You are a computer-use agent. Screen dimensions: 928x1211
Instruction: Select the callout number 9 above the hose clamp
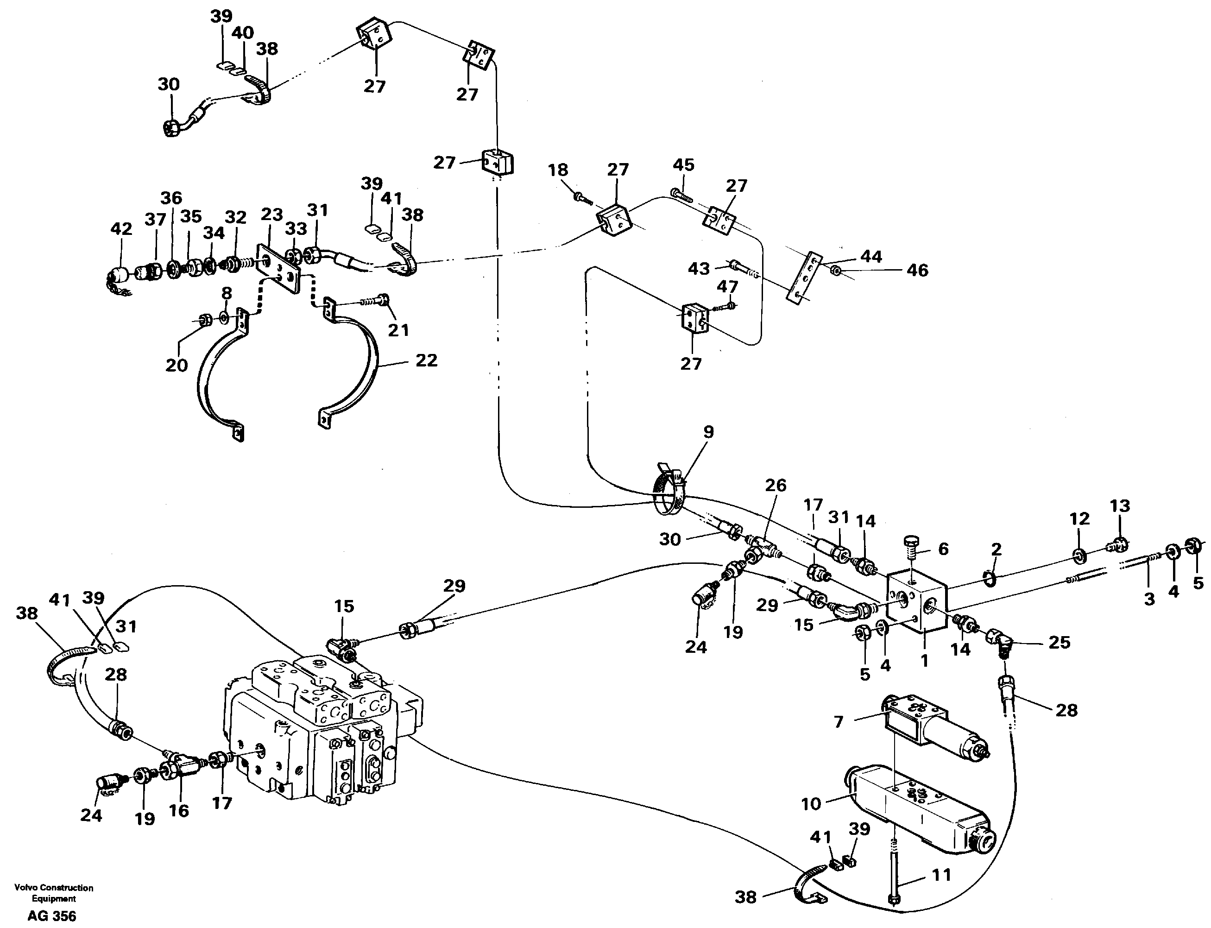708,432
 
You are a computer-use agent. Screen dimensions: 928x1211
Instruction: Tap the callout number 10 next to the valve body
811,804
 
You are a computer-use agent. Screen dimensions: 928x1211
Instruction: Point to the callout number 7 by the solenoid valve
839,722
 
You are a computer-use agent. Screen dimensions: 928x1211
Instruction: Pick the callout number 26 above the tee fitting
776,486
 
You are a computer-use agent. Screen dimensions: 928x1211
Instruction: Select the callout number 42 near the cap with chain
121,229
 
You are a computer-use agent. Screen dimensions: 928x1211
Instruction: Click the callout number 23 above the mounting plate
271,215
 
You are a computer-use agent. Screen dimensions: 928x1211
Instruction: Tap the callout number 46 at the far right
917,270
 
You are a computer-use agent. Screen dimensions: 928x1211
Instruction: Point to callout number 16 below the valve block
179,811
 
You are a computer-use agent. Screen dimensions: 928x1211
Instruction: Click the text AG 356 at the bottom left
52,916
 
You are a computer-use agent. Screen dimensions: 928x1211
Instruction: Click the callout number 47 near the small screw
727,287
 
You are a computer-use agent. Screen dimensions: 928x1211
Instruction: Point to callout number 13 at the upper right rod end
1120,505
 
